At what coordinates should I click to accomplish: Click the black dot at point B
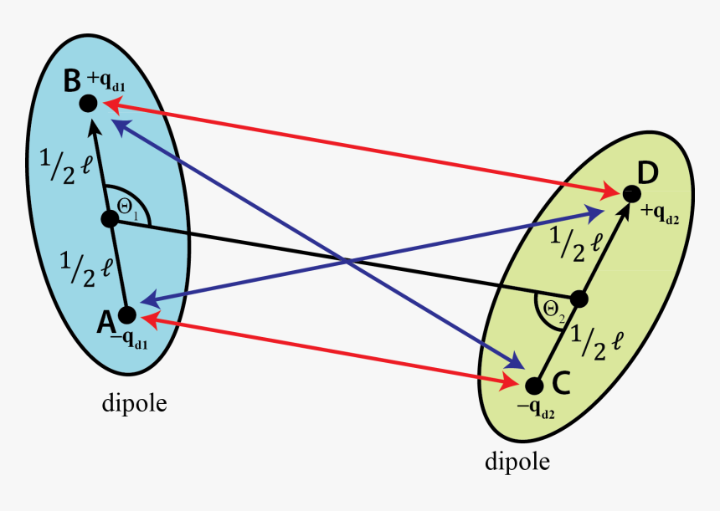coord(89,103)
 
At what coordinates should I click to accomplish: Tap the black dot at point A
coord(126,314)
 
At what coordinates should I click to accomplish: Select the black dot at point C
coord(533,385)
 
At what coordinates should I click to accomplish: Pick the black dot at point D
coord(630,194)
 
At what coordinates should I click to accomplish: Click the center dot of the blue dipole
coord(109,219)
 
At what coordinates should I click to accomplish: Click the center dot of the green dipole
coord(579,299)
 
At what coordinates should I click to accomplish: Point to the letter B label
coord(72,80)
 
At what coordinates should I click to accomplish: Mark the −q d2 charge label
coord(538,408)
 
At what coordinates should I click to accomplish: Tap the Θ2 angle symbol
coord(553,309)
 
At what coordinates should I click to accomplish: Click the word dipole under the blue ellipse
coord(134,403)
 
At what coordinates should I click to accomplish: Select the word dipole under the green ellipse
coord(517,461)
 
